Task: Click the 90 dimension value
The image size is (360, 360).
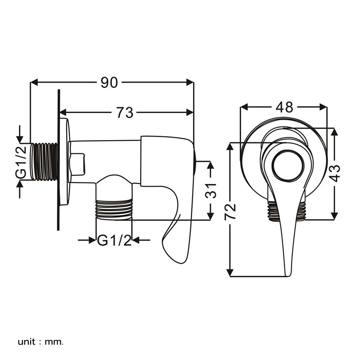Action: [x=109, y=83]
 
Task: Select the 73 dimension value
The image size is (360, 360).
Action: [x=125, y=113]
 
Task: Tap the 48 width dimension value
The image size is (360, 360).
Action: [x=284, y=107]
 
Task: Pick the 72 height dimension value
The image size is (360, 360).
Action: [x=230, y=211]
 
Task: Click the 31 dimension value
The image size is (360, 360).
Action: [x=211, y=191]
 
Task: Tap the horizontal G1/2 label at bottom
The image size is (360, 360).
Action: [x=114, y=240]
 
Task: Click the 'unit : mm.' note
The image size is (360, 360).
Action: [x=40, y=342]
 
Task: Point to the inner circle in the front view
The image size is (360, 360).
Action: [x=288, y=166]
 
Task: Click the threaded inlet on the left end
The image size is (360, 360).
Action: [x=44, y=162]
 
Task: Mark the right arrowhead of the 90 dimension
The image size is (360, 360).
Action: [x=190, y=82]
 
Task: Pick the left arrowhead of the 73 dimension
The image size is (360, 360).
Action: [x=63, y=112]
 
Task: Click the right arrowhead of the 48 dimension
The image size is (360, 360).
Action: [x=323, y=107]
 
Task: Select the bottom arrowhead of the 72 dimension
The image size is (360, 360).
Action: [x=230, y=273]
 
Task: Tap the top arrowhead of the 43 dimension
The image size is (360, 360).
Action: [x=334, y=132]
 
